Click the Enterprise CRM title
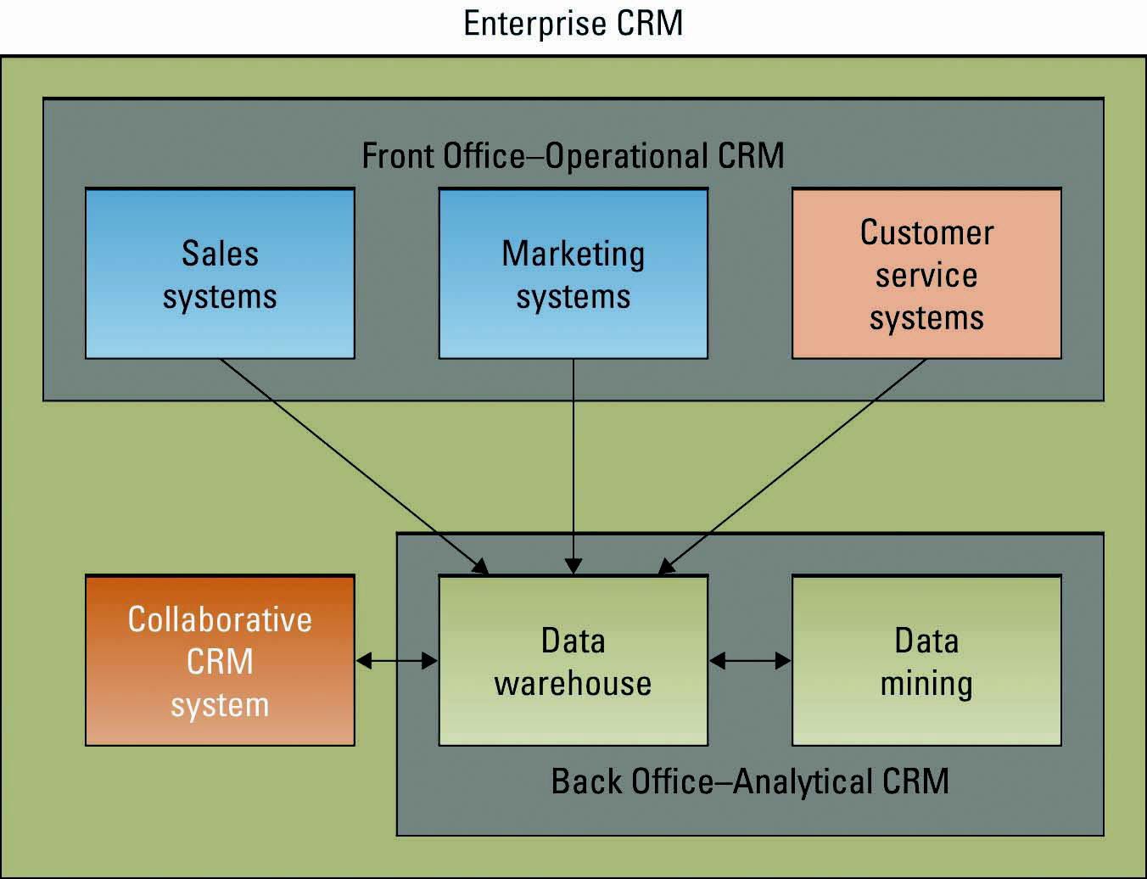pos(573,23)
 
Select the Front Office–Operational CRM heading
pos(573,156)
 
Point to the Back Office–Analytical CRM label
pos(750,781)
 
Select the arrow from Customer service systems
pos(793,466)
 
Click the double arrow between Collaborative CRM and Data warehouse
pos(396,660)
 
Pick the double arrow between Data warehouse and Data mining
pos(750,660)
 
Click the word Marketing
pos(573,254)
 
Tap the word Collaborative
pos(220,619)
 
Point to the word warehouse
pos(573,683)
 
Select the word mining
pos(926,684)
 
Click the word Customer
pos(926,232)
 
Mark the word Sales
pos(220,254)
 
